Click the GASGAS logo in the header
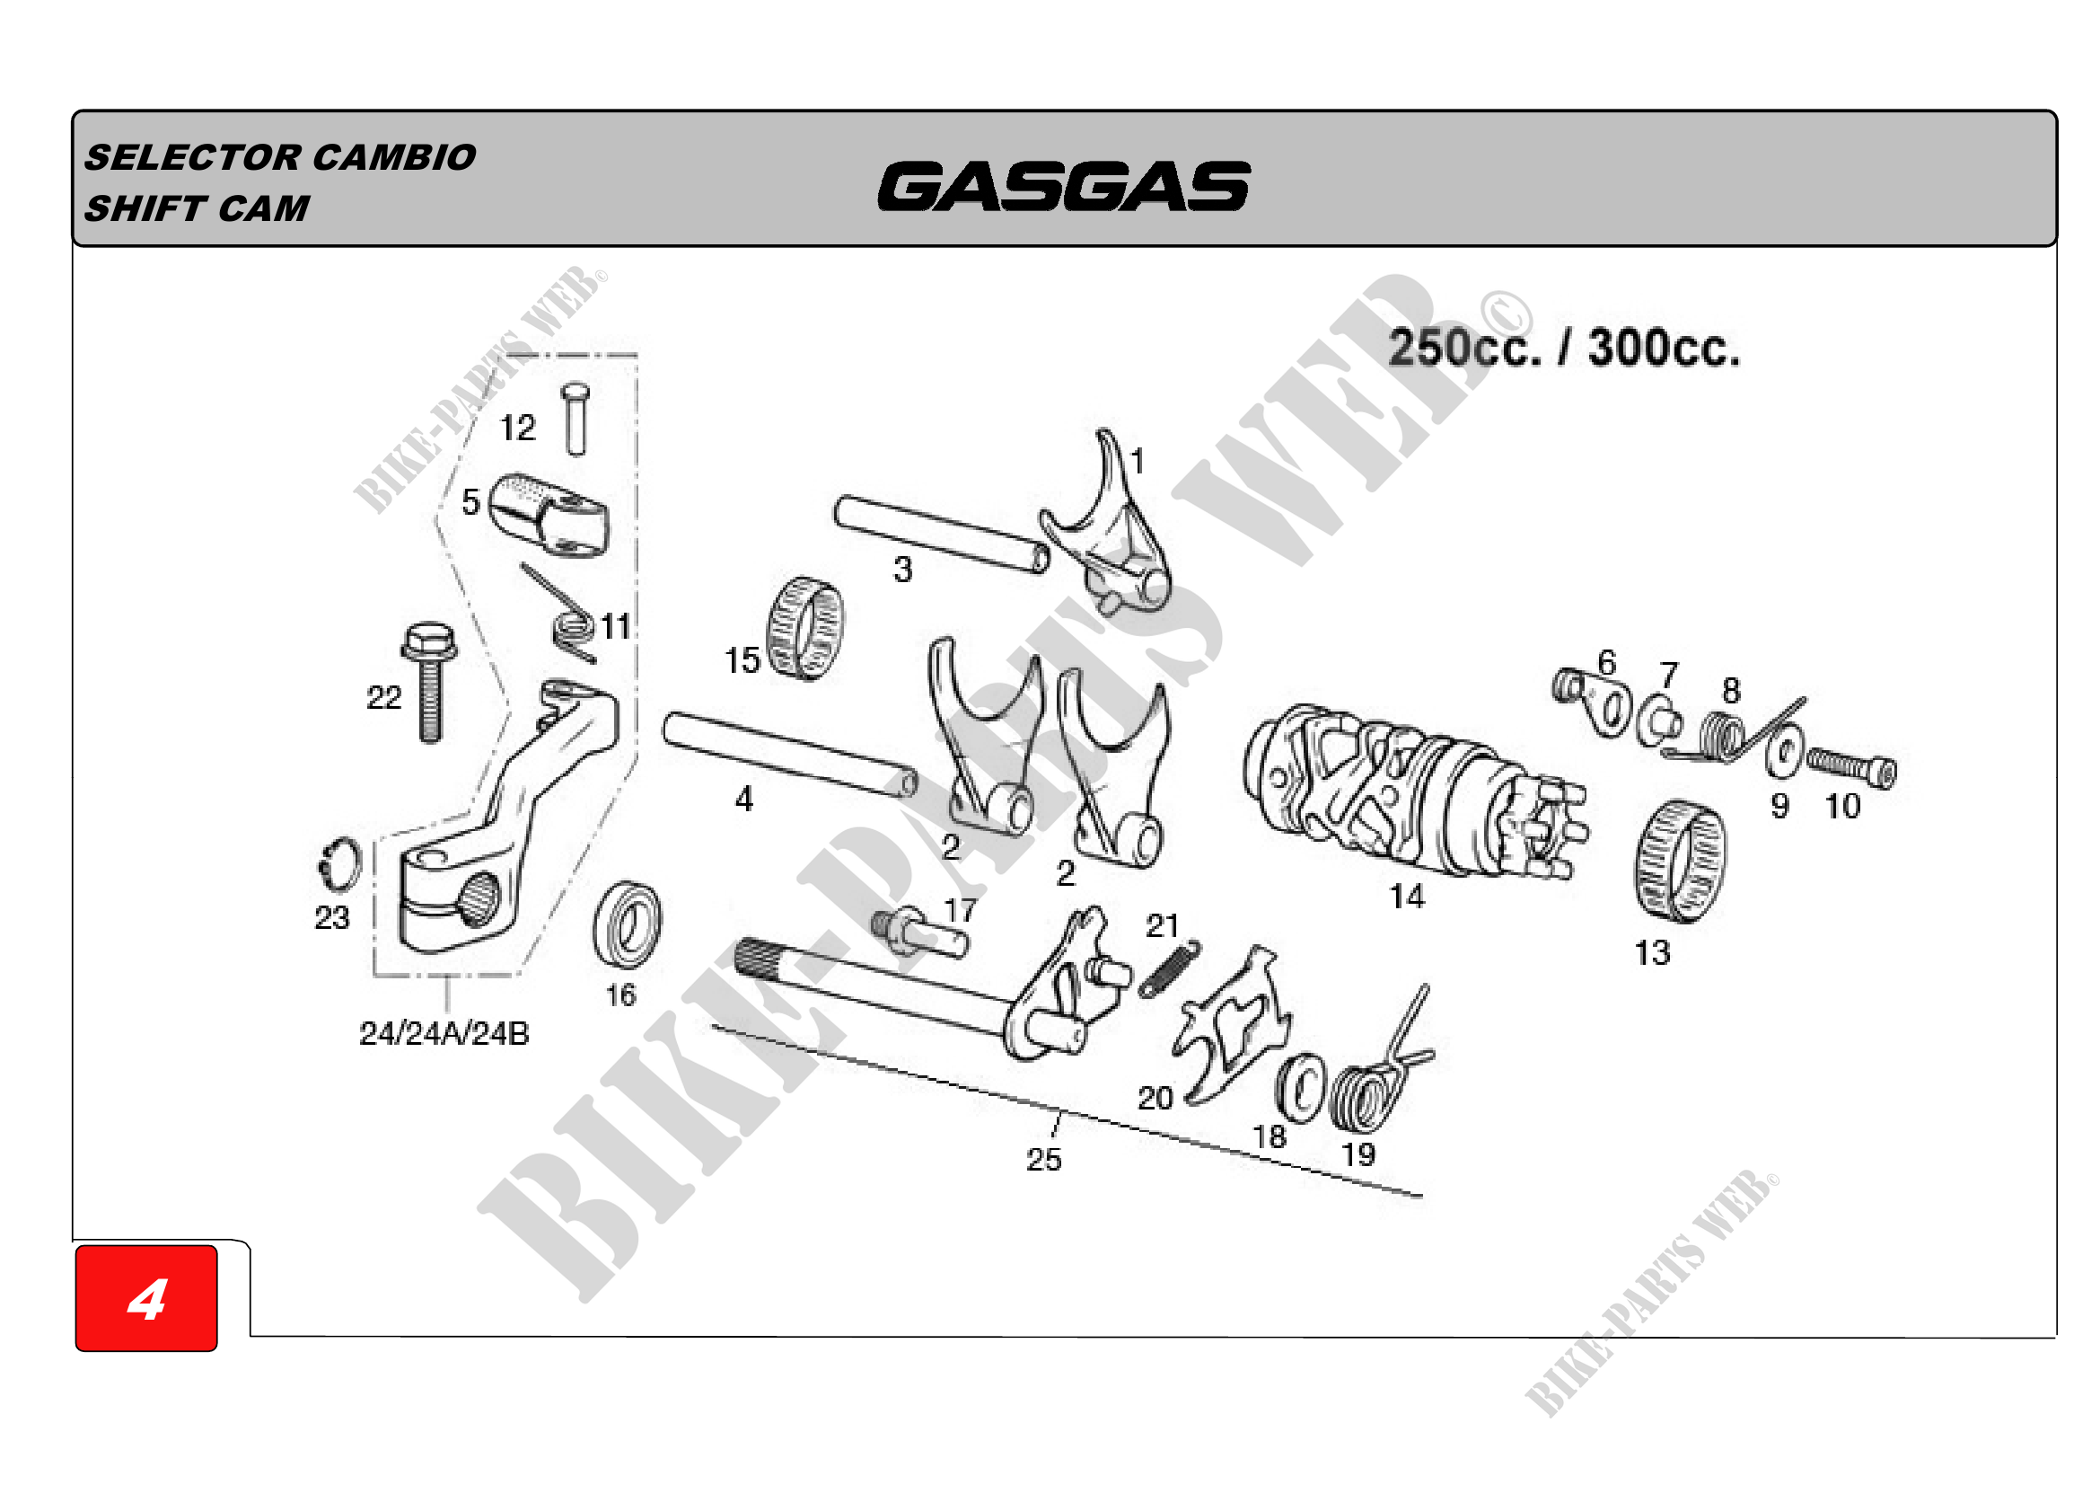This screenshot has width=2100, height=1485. click(1064, 186)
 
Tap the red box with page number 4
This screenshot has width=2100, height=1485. click(146, 1297)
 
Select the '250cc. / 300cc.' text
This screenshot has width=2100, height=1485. click(1563, 348)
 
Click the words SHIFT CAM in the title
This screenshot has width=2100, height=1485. click(197, 208)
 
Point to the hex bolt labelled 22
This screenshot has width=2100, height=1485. click(429, 682)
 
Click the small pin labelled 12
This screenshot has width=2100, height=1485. click(576, 418)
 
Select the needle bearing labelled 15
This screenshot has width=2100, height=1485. click(804, 630)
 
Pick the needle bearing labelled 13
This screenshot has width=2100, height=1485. click(1681, 861)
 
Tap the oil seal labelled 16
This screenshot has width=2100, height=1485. click(628, 924)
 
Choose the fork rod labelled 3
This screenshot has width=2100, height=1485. click(941, 535)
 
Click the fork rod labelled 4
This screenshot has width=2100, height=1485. click(790, 755)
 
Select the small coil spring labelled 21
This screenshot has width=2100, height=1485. click(1168, 968)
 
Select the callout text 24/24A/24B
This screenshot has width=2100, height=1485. click(444, 1034)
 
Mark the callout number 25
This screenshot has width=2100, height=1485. click(1043, 1159)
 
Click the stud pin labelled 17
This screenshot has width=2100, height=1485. click(919, 933)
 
